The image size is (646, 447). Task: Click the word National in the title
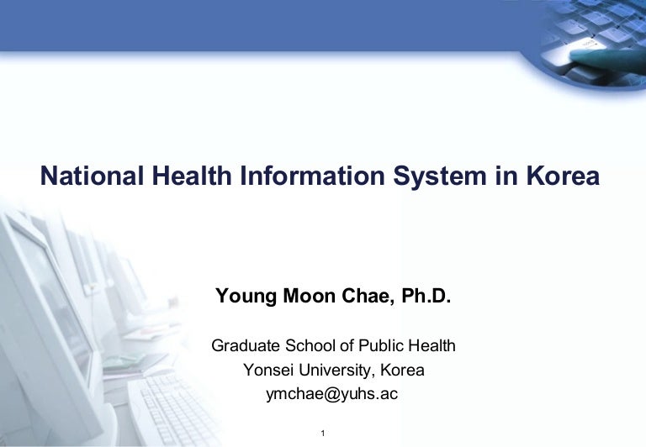[92, 176]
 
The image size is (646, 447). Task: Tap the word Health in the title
[192, 176]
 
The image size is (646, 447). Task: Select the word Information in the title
[312, 176]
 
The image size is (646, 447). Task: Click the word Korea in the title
[563, 176]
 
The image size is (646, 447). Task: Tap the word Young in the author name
[246, 297]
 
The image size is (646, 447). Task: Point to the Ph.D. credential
[426, 296]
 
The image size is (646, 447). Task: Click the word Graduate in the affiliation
[246, 345]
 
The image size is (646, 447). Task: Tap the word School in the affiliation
[311, 345]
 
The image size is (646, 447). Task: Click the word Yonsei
[268, 370]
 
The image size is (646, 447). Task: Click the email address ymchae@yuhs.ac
[332, 394]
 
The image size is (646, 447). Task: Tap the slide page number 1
[323, 433]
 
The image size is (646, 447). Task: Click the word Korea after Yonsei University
[402, 370]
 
